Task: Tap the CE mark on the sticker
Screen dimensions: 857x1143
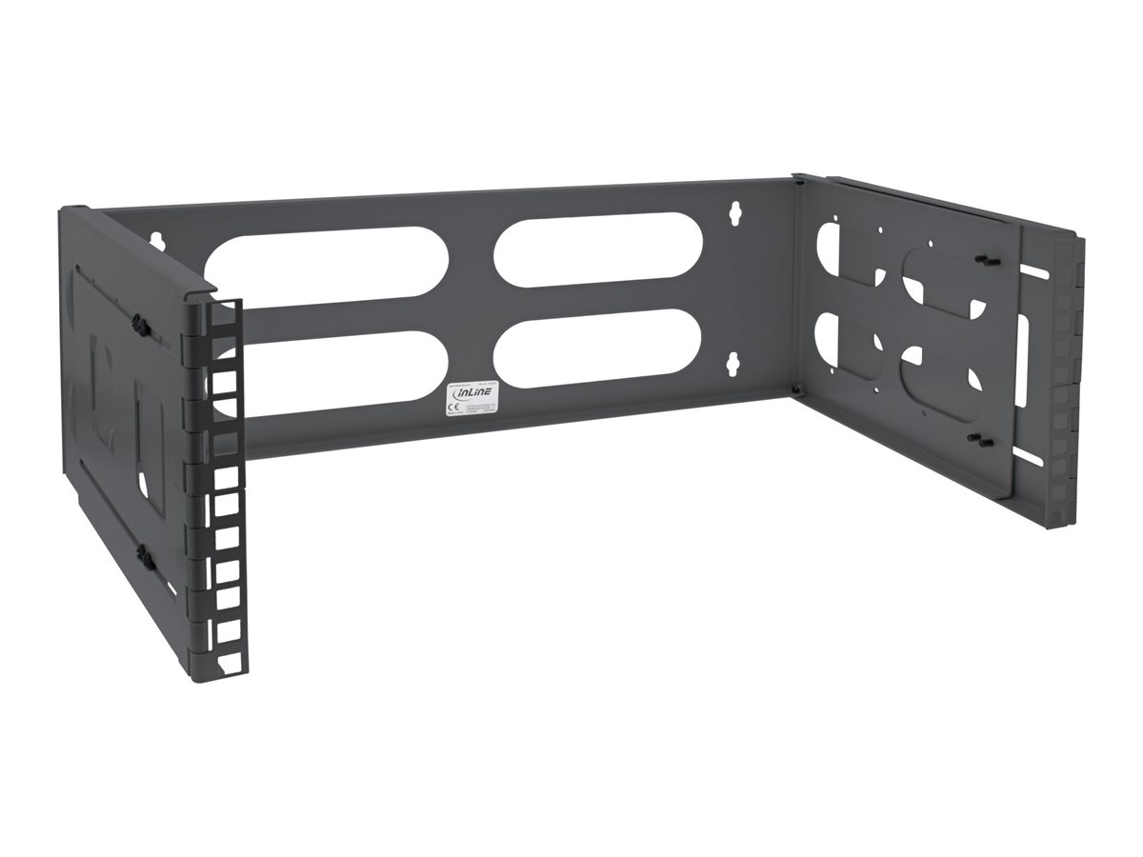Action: click(x=453, y=407)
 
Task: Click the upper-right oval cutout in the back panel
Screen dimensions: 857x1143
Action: click(x=598, y=252)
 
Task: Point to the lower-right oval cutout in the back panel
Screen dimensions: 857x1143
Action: click(x=599, y=347)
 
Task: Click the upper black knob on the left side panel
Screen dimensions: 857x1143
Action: click(x=139, y=325)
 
